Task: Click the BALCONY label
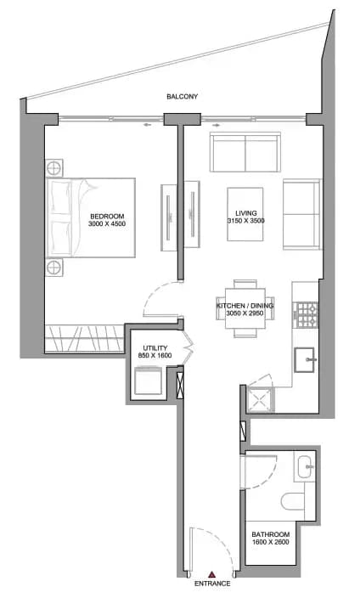pos(183,97)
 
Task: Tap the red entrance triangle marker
pos(211,574)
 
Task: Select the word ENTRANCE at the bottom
pos(212,584)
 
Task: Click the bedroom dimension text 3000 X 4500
pos(107,224)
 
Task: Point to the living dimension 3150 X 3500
pos(246,221)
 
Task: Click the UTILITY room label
pos(155,348)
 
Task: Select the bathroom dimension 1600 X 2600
pos(270,542)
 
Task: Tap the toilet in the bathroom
pos(293,501)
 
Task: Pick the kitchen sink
pos(304,359)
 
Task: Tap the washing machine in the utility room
pos(148,381)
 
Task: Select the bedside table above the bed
pos(53,167)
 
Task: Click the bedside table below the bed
pos(53,268)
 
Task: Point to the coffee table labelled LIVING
pos(245,214)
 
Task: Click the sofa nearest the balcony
pos(245,152)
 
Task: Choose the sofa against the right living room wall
pos(301,214)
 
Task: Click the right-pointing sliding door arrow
pos(216,125)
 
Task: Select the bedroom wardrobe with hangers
pos(84,338)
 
